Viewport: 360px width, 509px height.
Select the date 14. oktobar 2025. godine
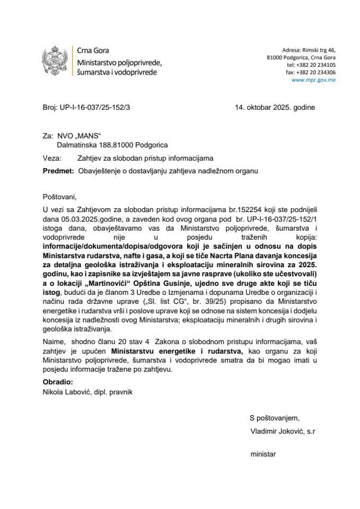[275, 107]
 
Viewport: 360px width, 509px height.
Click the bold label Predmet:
[57, 171]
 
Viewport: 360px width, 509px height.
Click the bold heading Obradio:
[58, 382]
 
